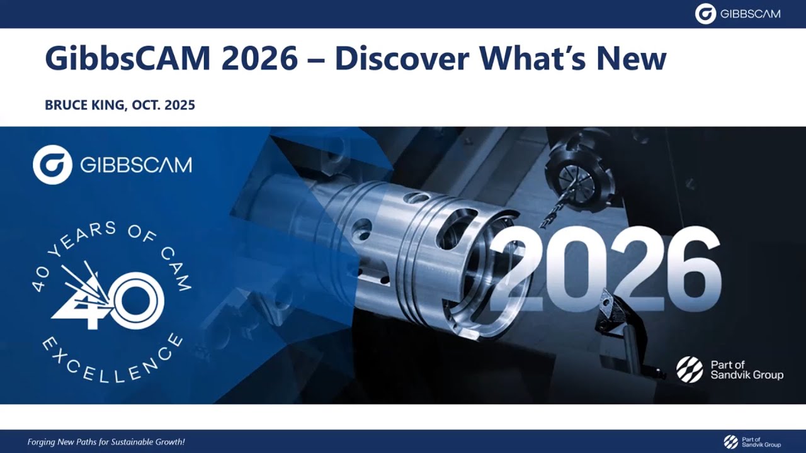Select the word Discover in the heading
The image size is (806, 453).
click(x=402, y=59)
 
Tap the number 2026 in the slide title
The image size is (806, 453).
click(x=259, y=59)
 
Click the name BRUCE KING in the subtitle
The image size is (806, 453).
click(x=85, y=105)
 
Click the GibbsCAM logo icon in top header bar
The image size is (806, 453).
click(x=705, y=14)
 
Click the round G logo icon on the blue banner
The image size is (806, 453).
click(x=52, y=165)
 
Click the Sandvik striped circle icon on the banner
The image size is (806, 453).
click(x=690, y=369)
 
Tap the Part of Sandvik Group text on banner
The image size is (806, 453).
click(x=746, y=370)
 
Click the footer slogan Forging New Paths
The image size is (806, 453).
click(x=106, y=442)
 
